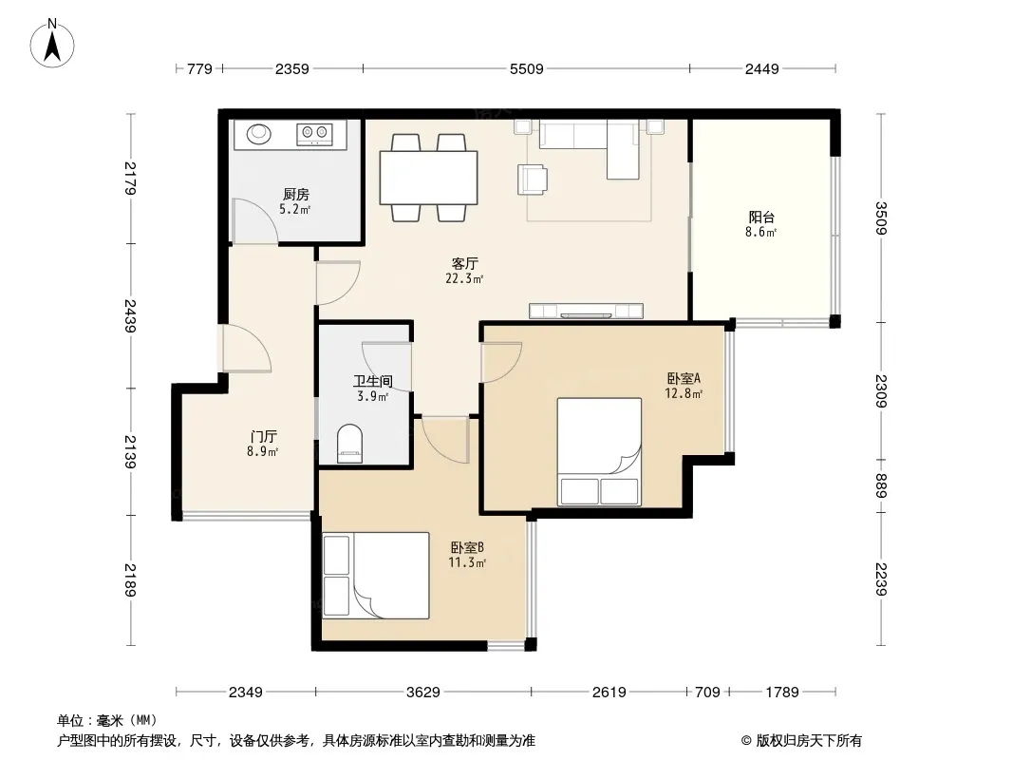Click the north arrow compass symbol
click(52, 44)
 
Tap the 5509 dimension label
click(527, 69)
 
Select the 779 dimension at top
click(199, 69)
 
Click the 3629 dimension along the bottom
click(423, 693)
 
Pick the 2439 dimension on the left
click(130, 315)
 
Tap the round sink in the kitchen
click(259, 134)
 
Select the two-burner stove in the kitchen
click(314, 134)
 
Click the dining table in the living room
click(429, 178)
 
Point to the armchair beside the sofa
click(533, 179)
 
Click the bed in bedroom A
click(600, 451)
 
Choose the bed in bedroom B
click(376, 576)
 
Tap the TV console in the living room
click(586, 311)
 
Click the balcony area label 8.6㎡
click(761, 233)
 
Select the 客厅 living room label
click(464, 263)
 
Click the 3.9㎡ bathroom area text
click(373, 396)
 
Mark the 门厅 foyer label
click(263, 436)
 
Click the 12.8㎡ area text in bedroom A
click(684, 393)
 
